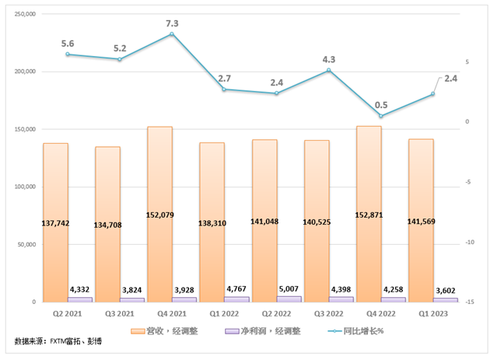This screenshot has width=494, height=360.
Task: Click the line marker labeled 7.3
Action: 171,34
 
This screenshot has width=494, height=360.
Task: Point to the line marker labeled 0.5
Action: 380,116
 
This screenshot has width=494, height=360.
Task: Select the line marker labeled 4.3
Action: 328,70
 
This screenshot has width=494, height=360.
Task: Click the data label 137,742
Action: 55,223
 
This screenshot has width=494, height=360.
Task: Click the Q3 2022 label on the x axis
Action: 328,313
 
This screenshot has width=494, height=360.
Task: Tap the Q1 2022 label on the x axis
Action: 224,313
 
